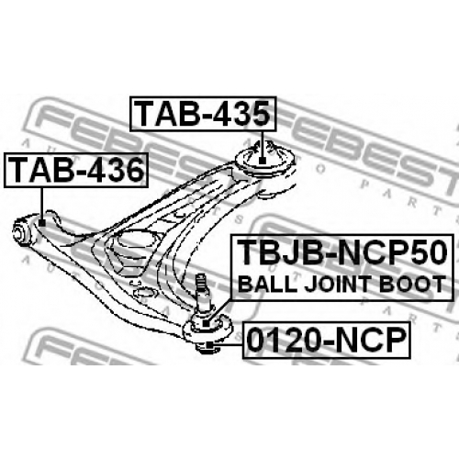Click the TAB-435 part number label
tap(203, 114)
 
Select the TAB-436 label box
tap(76, 170)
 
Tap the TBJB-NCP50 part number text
tap(342, 253)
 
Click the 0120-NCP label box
tap(327, 340)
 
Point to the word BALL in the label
tap(267, 285)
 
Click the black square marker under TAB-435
tap(262, 160)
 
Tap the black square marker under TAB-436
tap(42, 222)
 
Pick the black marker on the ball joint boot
tap(207, 323)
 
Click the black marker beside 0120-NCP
tap(209, 345)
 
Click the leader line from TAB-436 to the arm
tap(41, 204)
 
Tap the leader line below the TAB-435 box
tap(263, 144)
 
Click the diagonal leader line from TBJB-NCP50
tap(220, 310)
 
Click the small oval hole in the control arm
tap(144, 293)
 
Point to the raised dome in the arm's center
tap(135, 241)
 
